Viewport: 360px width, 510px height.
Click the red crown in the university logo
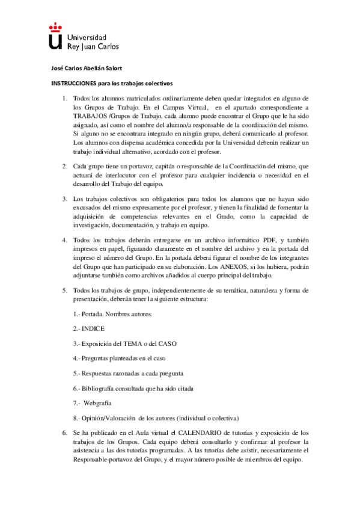[55, 26]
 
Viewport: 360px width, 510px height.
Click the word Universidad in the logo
[88, 37]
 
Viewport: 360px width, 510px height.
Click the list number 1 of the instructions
[64, 98]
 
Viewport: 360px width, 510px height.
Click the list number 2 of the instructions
[64, 165]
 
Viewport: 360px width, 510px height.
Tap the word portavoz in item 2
[139, 165]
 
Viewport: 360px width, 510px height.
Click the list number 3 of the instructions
[64, 199]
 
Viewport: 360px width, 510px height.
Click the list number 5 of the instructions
[64, 290]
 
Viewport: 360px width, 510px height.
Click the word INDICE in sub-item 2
[95, 329]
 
